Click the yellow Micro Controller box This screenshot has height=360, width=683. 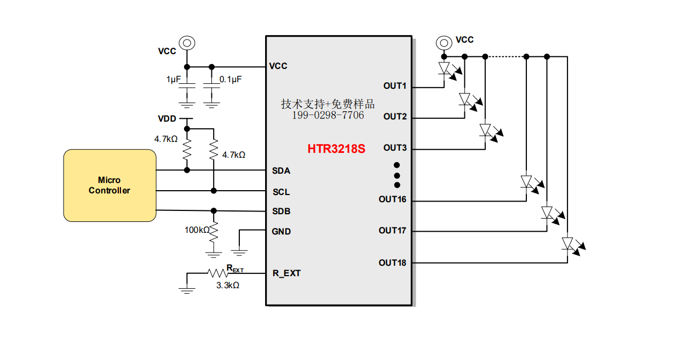click(110, 185)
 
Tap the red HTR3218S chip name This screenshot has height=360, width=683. click(336, 149)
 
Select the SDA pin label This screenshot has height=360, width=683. click(281, 170)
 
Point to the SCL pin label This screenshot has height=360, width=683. click(281, 192)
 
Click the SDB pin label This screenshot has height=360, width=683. click(281, 211)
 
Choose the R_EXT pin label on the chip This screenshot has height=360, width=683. click(286, 273)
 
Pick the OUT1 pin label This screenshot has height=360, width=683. click(395, 85)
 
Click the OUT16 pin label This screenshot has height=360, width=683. click(392, 199)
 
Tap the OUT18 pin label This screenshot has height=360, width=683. click(392, 262)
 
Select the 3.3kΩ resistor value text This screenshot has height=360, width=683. click(228, 285)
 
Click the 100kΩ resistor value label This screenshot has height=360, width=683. click(197, 230)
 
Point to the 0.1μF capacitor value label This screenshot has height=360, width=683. click(231, 79)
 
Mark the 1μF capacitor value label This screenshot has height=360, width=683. click(174, 79)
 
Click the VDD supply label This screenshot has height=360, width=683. click(167, 118)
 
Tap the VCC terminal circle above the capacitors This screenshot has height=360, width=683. click(187, 43)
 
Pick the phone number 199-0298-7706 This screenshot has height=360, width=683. click(328, 115)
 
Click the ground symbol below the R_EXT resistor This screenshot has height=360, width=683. click(187, 290)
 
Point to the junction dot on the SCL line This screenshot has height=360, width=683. click(214, 191)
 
